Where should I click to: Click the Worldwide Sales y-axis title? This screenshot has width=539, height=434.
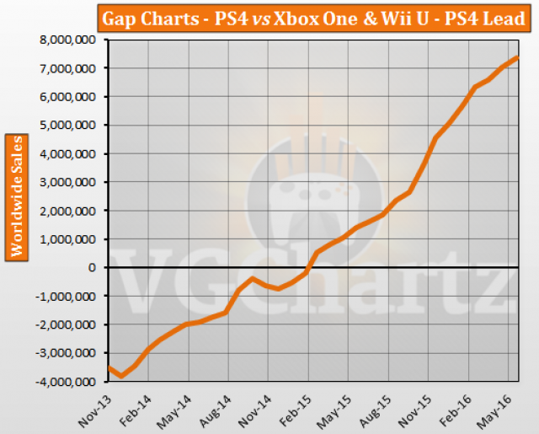click(17, 196)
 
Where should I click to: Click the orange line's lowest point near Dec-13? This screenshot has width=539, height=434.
click(122, 376)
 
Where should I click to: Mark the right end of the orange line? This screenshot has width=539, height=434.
click(516, 57)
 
